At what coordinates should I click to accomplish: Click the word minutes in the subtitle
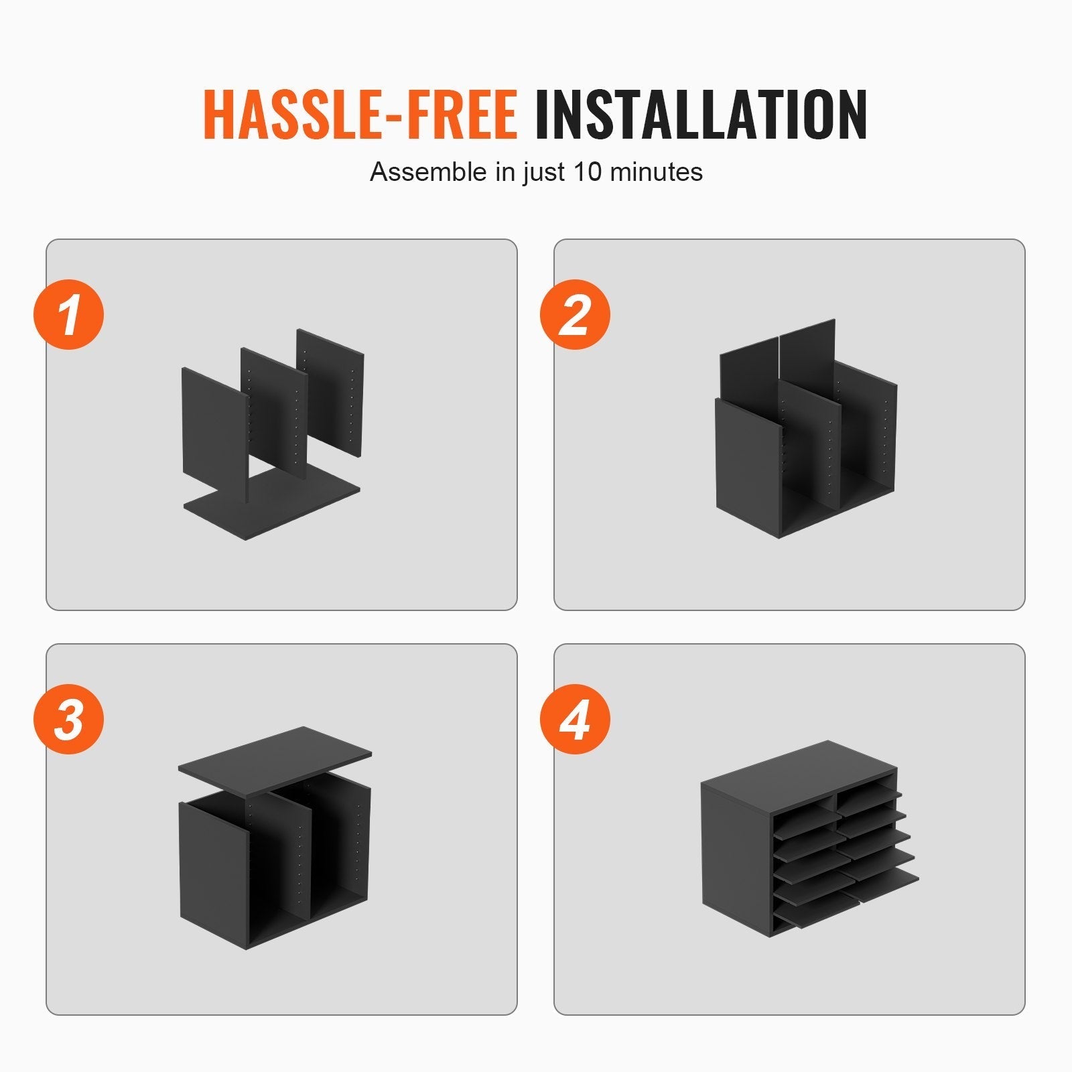tap(657, 172)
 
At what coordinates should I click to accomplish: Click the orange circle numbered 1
tap(69, 314)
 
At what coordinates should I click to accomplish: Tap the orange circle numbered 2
tap(575, 314)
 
